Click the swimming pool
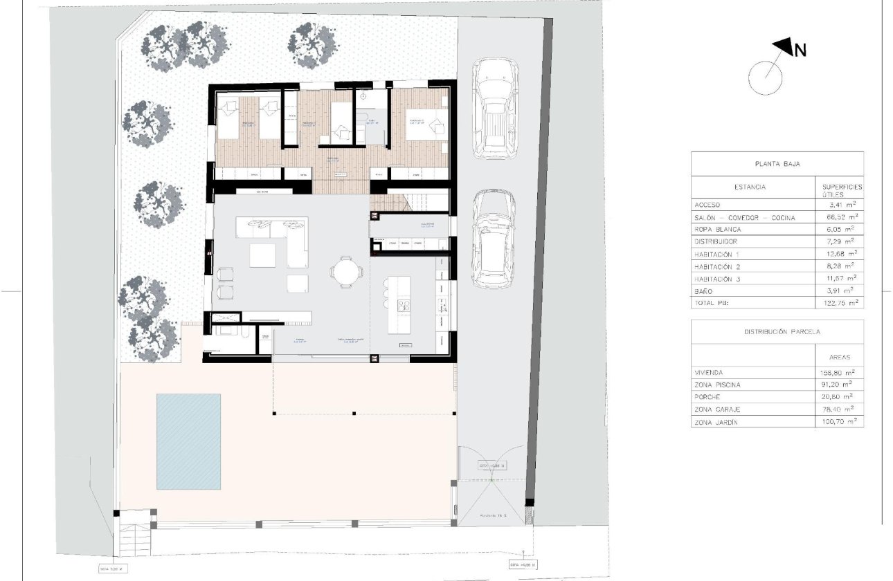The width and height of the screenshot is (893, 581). point(188,440)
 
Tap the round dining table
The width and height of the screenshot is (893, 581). point(345,270)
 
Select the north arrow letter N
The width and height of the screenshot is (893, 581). point(800,50)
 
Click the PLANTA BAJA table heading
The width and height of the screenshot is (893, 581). point(777,165)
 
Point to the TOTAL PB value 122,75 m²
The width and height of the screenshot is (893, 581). point(838,303)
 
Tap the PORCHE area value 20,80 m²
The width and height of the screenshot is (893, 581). point(838,397)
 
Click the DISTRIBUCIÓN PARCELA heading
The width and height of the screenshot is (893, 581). point(777,332)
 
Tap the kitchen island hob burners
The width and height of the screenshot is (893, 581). point(402,304)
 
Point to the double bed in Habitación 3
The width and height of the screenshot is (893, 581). point(426,125)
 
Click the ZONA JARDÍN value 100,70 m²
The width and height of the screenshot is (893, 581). point(838,421)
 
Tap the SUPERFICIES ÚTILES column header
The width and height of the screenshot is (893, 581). point(838,191)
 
